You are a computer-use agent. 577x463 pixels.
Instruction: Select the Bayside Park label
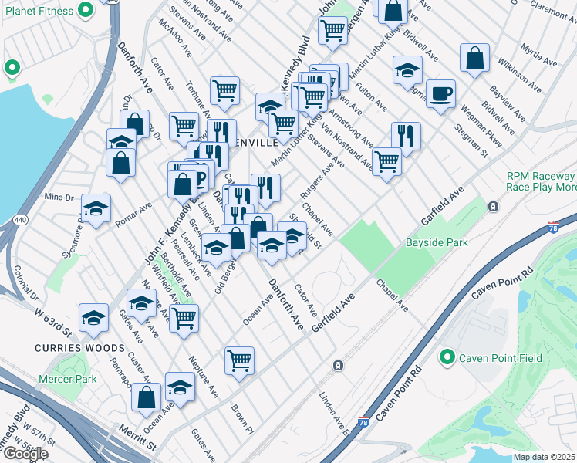[437, 243]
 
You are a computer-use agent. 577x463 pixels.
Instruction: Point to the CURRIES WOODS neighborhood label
[69, 348]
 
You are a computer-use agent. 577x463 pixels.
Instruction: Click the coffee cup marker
[440, 94]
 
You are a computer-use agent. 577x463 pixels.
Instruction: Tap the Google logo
[25, 455]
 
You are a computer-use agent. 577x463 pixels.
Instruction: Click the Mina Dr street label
[58, 197]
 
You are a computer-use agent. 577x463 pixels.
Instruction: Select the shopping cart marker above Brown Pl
[240, 359]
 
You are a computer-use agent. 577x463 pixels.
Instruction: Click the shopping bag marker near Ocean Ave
[146, 397]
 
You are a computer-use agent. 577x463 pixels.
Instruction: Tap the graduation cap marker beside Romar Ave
[96, 208]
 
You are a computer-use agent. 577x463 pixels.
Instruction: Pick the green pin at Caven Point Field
[446, 358]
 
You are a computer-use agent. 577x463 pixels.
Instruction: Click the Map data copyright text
[545, 457]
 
